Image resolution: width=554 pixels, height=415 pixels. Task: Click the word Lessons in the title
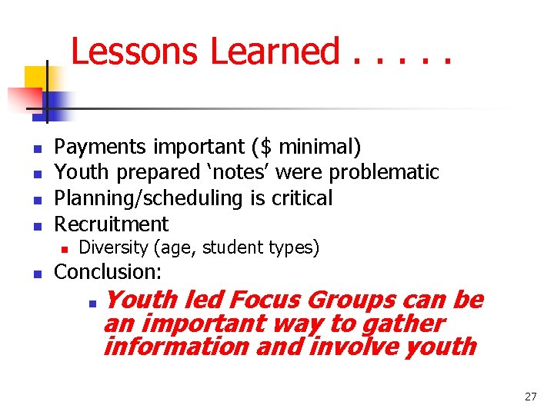click(136, 52)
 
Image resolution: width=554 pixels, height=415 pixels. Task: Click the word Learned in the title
click(275, 52)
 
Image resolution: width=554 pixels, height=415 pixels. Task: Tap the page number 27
click(530, 397)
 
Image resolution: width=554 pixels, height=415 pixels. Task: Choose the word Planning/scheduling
click(150, 198)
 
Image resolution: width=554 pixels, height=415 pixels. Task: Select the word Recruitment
click(112, 224)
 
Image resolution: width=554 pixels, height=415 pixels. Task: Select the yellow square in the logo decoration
click(37, 78)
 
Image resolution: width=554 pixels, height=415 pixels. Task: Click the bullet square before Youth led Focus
click(92, 302)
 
